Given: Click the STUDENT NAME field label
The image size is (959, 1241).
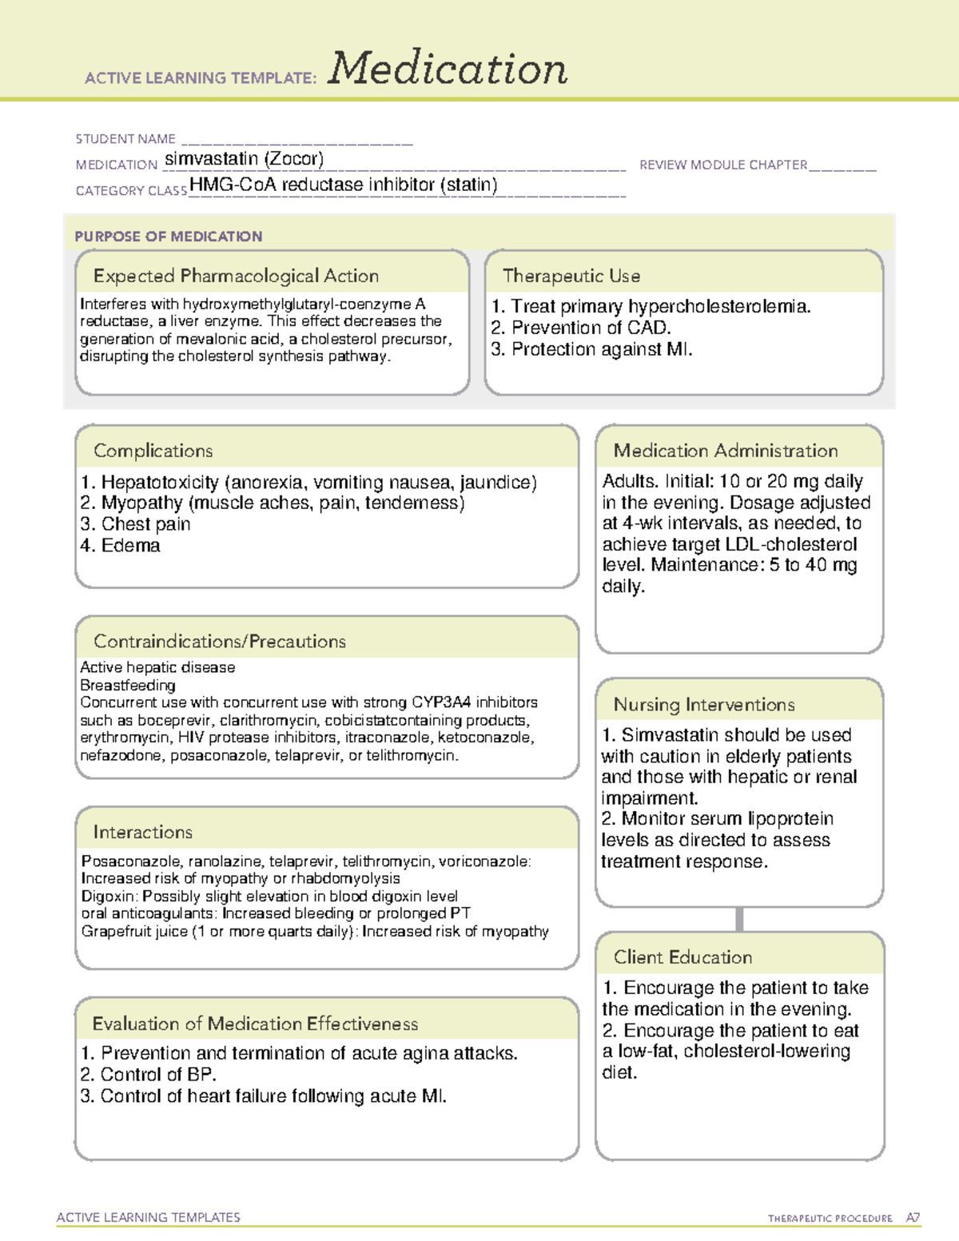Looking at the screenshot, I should [x=125, y=139].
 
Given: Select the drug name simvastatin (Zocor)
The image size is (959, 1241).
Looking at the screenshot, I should [x=244, y=159].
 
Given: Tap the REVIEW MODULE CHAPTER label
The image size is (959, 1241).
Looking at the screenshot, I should [x=723, y=165].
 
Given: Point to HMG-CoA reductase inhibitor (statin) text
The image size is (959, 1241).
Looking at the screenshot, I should [x=344, y=185].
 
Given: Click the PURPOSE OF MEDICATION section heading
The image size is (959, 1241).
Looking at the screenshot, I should [x=169, y=237].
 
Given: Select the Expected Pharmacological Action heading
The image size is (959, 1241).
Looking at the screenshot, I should [x=236, y=276].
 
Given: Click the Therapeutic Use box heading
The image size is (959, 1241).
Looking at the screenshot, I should [x=571, y=276].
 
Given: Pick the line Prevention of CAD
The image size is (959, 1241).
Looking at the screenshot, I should [x=581, y=328].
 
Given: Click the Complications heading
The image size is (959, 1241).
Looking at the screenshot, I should [x=153, y=451].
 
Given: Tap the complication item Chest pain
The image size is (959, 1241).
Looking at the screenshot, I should [x=136, y=524].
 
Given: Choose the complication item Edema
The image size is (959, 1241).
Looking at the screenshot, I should [x=121, y=546].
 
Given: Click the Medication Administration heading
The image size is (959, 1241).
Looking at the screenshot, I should [x=726, y=451].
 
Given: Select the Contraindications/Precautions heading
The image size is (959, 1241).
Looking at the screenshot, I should [x=220, y=641].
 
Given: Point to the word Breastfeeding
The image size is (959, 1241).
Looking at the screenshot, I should [x=128, y=685].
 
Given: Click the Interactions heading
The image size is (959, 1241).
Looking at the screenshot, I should [x=143, y=832].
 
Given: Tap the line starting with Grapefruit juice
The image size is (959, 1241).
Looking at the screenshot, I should [x=315, y=932].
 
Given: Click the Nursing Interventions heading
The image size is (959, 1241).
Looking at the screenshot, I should [x=704, y=705].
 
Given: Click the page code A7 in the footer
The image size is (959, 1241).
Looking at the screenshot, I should [x=913, y=1218].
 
